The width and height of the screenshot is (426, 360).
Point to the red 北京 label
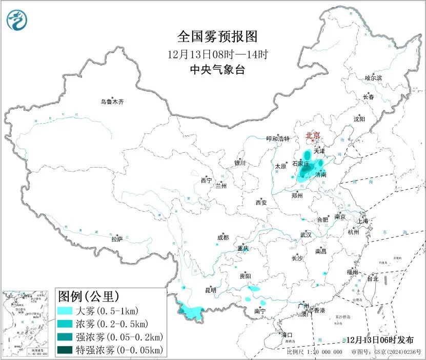(x=313, y=135)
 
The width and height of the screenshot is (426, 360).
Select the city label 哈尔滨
(x=373, y=78)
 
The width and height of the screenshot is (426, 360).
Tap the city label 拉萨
(x=117, y=238)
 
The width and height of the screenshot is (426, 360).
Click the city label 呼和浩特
(x=278, y=139)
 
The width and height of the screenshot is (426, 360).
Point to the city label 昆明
(x=211, y=290)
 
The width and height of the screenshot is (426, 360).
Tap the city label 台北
(x=372, y=279)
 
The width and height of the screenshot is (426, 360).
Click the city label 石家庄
(x=301, y=164)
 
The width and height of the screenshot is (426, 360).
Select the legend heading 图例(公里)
(x=89, y=296)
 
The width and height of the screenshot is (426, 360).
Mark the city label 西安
(x=261, y=203)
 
